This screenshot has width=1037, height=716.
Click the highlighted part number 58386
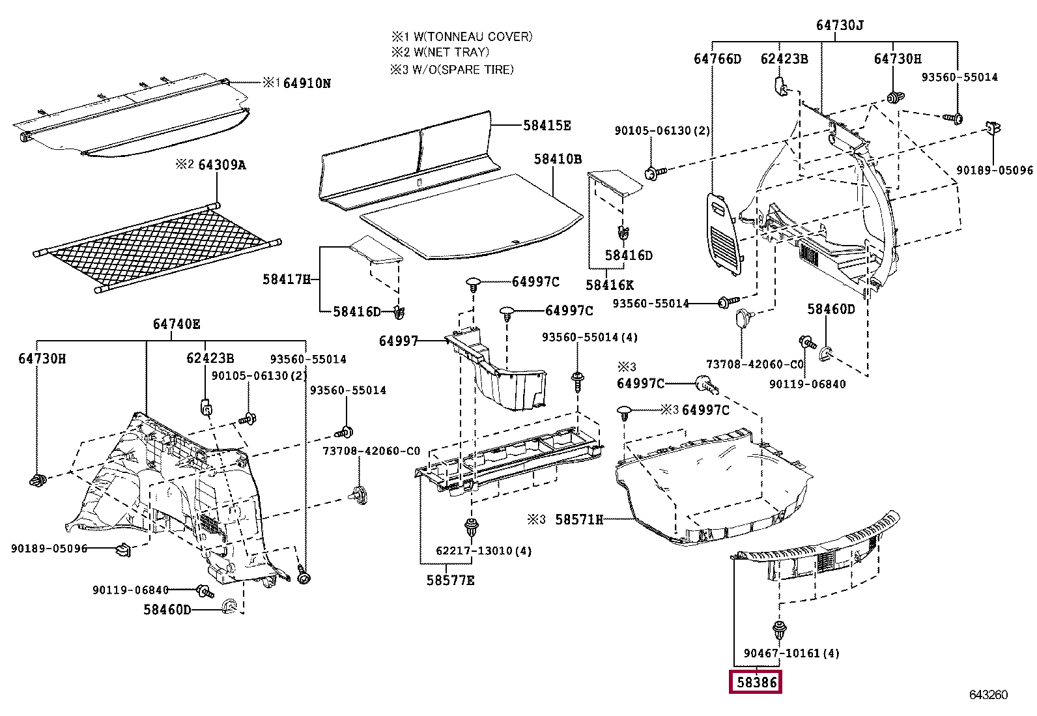[756, 682]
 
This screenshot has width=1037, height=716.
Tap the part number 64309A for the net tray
[221, 165]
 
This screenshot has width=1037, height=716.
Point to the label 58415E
[547, 126]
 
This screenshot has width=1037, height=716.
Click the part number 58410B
[558, 159]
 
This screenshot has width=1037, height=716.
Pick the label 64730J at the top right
[839, 25]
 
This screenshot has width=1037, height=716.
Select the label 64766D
[717, 59]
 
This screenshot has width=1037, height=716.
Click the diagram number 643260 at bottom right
[988, 695]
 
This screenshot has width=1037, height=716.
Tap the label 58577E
[450, 580]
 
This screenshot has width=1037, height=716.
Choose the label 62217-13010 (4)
[483, 551]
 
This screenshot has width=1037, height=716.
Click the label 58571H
[578, 519]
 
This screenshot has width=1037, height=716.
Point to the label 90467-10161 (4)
[791, 653]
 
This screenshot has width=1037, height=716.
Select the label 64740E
[177, 324]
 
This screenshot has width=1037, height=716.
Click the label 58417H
[287, 279]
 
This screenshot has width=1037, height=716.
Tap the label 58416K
[609, 285]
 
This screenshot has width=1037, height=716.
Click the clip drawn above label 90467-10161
[779, 630]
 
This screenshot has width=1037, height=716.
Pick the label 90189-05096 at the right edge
[994, 170]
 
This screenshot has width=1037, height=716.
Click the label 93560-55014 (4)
[590, 337]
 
